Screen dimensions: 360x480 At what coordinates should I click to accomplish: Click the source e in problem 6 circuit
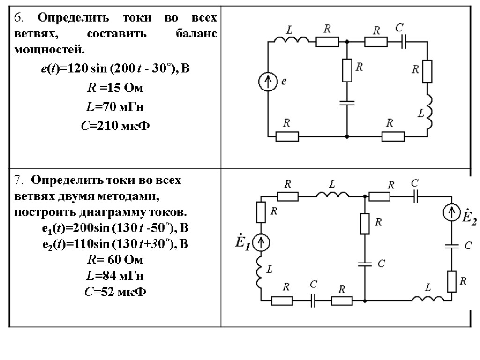click(268, 83)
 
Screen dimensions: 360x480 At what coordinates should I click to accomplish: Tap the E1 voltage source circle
click(261, 242)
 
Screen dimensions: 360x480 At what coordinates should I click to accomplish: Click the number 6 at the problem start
click(18, 18)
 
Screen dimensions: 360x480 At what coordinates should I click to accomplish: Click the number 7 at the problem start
click(18, 180)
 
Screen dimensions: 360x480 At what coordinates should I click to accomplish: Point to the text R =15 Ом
click(115, 88)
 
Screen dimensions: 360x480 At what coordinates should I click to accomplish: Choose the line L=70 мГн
click(115, 107)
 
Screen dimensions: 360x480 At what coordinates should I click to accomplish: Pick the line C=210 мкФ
click(115, 126)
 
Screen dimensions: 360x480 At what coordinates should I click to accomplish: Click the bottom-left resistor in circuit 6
click(286, 136)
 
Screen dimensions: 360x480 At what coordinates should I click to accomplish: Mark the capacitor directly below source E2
click(452, 246)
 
